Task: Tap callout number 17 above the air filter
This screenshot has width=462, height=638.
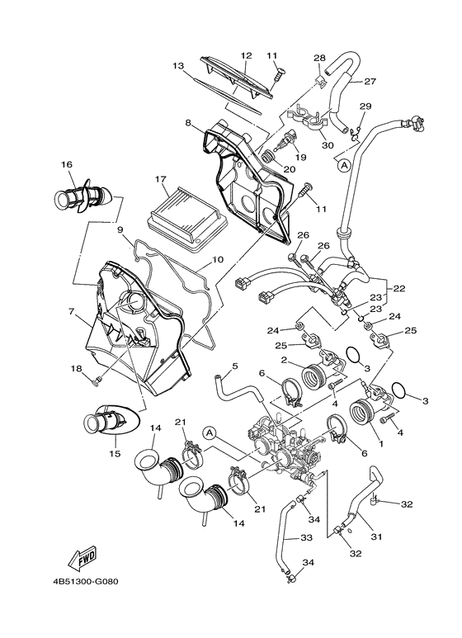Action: tap(160, 178)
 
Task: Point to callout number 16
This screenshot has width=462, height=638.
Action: tap(67, 165)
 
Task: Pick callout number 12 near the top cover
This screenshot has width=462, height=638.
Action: tap(246, 55)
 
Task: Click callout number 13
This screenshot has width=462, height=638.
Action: tap(177, 65)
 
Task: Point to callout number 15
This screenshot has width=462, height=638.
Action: tap(115, 453)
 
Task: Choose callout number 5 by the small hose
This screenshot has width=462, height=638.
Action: tap(234, 366)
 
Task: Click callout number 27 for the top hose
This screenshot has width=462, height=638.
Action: tap(370, 81)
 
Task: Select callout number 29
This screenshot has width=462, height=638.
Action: tap(365, 106)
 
